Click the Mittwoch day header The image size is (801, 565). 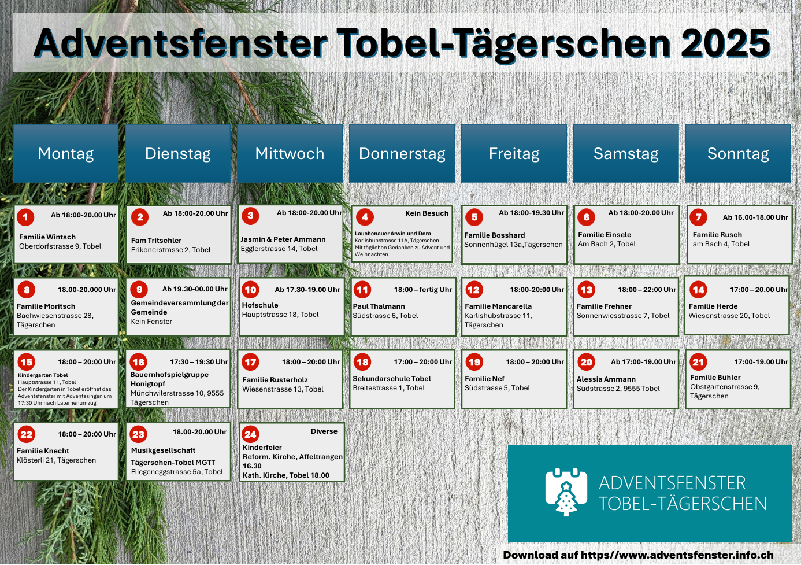(x=290, y=153)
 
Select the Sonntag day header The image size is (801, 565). (x=738, y=153)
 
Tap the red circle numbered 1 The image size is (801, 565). (x=25, y=217)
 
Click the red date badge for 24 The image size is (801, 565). (x=250, y=434)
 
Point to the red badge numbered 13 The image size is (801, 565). (x=586, y=290)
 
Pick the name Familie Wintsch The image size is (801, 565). (x=47, y=237)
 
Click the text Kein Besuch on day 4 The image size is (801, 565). (x=427, y=213)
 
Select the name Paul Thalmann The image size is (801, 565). (x=379, y=306)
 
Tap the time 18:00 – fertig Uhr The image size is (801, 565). (x=423, y=290)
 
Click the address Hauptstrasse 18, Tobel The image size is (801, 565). (x=280, y=315)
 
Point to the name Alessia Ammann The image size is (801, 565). (x=606, y=379)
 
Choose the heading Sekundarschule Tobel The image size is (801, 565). (x=392, y=379)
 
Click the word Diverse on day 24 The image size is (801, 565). (x=324, y=431)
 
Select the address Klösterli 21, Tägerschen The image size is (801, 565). (x=56, y=460)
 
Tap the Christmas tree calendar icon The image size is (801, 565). (x=566, y=492)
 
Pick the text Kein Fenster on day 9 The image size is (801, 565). (x=151, y=322)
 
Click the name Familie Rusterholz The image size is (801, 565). (x=275, y=379)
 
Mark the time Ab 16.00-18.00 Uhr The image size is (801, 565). (x=755, y=217)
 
